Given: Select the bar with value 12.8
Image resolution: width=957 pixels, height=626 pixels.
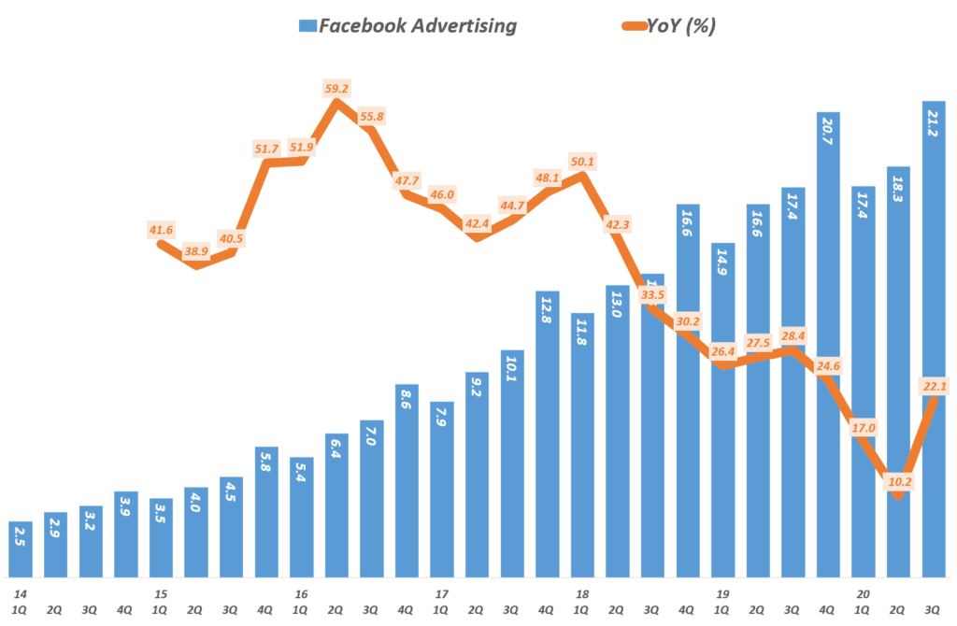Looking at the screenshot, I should [x=548, y=434].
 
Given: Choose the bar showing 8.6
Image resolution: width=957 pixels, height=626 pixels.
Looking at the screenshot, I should [x=407, y=480].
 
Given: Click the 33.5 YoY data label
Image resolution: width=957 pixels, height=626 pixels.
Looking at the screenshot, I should [x=652, y=295].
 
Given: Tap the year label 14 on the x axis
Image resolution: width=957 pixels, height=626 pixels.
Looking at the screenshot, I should [x=18, y=594].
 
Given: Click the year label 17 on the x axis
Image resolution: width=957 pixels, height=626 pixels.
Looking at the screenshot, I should [x=442, y=594].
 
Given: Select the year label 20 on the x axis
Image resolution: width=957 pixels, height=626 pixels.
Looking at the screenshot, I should [x=864, y=594].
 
